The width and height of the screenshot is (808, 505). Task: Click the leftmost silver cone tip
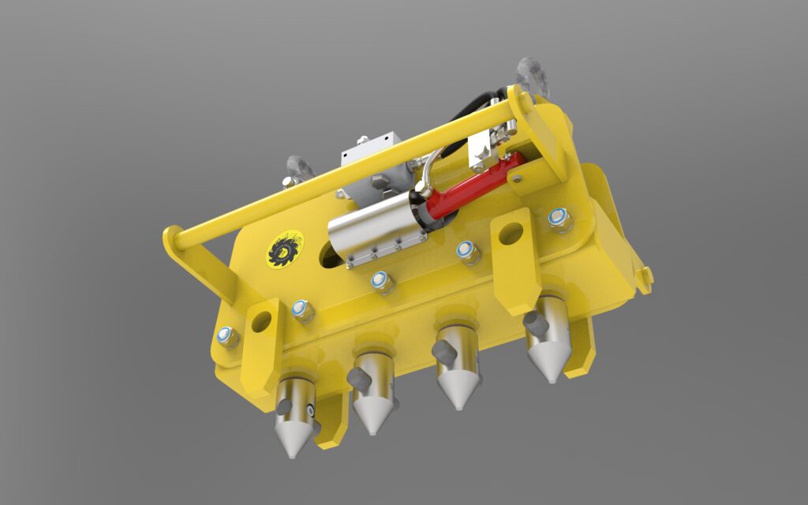(291, 439)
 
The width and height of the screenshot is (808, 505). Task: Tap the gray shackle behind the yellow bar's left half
(300, 168)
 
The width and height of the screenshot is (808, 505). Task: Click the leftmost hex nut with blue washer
(227, 337)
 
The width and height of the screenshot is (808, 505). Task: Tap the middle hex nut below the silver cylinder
(382, 280)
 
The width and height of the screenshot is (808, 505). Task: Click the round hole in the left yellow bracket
(261, 320)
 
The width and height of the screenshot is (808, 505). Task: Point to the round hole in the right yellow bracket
(511, 233)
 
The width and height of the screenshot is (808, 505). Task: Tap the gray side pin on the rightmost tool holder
(537, 322)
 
